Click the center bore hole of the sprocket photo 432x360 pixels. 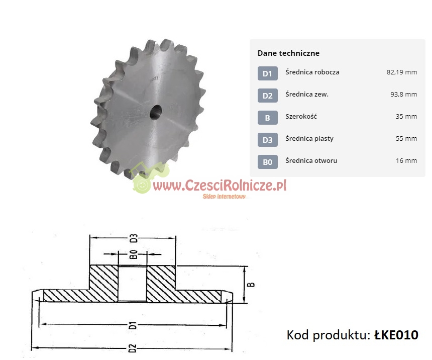pos(156,112)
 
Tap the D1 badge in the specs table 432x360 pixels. pos(268,73)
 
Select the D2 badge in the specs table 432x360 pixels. pos(268,96)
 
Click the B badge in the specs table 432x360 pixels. pos(268,118)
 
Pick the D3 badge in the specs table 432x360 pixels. pos(268,140)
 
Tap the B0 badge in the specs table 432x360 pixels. pos(268,162)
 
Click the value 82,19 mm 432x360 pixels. pos(402,72)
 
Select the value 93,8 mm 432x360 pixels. pos(404,95)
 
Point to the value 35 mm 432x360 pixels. pos(406,117)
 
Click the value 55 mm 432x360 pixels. pos(406,138)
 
